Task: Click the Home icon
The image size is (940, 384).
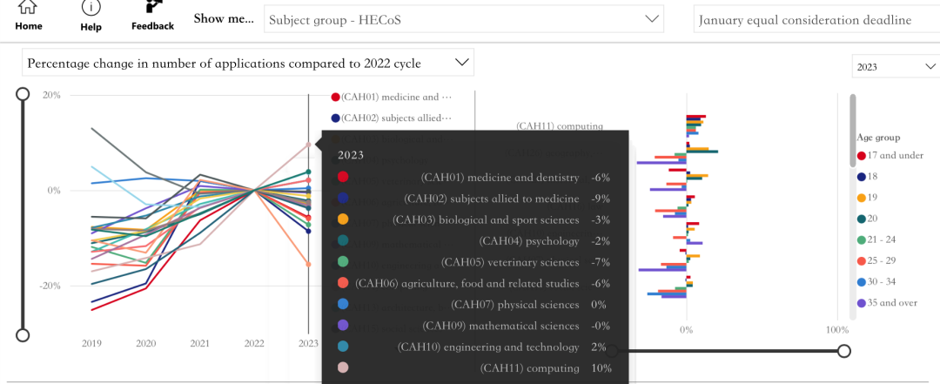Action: (x=28, y=9)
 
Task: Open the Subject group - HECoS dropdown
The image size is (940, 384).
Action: (x=463, y=19)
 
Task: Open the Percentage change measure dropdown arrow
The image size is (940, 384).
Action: (x=460, y=63)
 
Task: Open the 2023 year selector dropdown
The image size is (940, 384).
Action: (x=893, y=66)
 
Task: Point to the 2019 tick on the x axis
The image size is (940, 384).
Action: (x=91, y=343)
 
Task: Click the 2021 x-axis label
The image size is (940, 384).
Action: (x=200, y=343)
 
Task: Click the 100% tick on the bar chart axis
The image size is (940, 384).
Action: (x=836, y=330)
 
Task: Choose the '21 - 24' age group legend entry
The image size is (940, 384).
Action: (x=889, y=239)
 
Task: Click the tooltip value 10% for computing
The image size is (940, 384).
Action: (x=601, y=368)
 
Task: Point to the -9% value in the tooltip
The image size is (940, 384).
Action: (x=601, y=199)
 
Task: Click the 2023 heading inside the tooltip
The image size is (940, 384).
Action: (x=351, y=156)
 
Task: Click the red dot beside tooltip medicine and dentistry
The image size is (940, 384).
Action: (x=343, y=178)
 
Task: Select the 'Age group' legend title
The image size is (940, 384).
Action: (x=878, y=138)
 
